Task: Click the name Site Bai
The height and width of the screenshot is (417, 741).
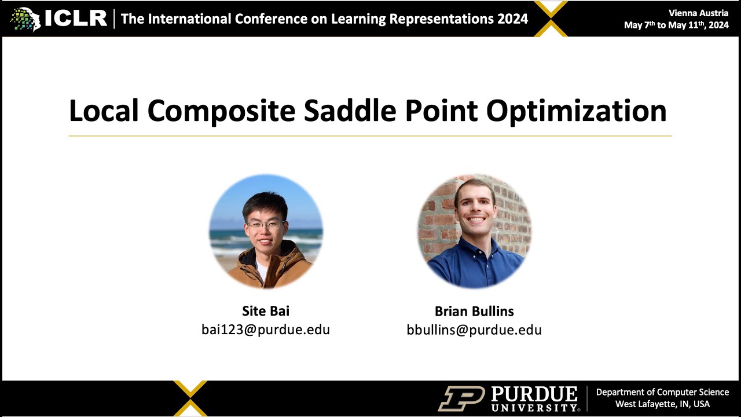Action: click(266, 311)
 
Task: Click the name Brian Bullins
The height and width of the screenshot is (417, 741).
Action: click(474, 311)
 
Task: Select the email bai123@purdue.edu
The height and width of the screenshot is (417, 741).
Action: click(266, 330)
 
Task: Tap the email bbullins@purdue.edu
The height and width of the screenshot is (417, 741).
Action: click(474, 330)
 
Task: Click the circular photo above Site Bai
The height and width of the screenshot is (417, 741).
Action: click(266, 231)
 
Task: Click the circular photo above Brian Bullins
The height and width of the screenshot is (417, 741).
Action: click(474, 231)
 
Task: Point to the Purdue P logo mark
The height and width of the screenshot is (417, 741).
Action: click(461, 398)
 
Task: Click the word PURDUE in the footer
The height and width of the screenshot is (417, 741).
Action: click(534, 394)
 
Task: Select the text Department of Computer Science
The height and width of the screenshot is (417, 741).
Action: click(662, 392)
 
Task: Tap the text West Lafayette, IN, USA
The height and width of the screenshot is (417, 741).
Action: click(662, 404)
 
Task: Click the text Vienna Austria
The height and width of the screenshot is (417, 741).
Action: click(698, 13)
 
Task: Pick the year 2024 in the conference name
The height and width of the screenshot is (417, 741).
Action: click(512, 19)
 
